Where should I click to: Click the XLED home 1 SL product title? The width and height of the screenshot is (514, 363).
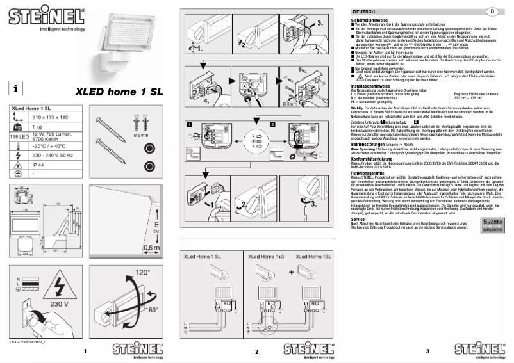pyautogui.click(x=120, y=92)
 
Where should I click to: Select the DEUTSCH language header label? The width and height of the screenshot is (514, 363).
pyautogui.click(x=365, y=12)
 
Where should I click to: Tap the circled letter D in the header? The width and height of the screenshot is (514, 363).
pyautogui.click(x=493, y=12)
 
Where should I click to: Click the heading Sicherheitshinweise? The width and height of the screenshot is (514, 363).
pyautogui.click(x=367, y=20)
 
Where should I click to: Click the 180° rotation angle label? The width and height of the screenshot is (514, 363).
pyautogui.click(x=152, y=310)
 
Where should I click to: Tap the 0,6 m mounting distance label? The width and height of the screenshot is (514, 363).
pyautogui.click(x=151, y=247)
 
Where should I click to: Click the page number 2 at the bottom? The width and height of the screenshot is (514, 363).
pyautogui.click(x=256, y=352)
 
